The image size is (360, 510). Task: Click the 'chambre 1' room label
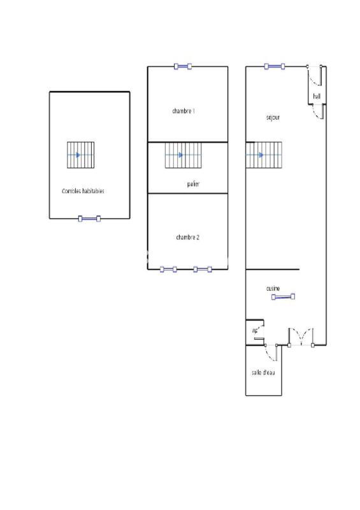[x=184, y=111]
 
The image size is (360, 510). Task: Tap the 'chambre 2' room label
[x=188, y=237]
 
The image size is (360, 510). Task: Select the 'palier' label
[x=194, y=184]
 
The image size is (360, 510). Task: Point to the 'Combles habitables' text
[x=83, y=191]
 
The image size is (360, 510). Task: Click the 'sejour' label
[x=273, y=117]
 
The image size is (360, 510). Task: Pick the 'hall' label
[x=317, y=97]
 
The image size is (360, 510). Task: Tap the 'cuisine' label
[x=273, y=289]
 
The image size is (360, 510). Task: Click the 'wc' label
[x=255, y=330]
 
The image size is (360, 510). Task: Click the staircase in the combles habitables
[x=81, y=155]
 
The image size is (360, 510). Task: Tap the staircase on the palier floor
[x=184, y=155]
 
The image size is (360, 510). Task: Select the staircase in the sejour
[x=263, y=155]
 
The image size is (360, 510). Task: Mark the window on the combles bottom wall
[x=89, y=219]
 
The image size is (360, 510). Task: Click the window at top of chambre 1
[x=183, y=66]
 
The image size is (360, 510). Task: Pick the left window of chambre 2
[x=168, y=269]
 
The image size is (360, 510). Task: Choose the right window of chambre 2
[x=203, y=269]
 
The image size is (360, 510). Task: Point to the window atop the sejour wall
[x=275, y=66]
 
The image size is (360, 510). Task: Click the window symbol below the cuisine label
[x=282, y=296]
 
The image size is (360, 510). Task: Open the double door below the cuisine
[x=301, y=337]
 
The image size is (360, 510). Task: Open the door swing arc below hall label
[x=317, y=112]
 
